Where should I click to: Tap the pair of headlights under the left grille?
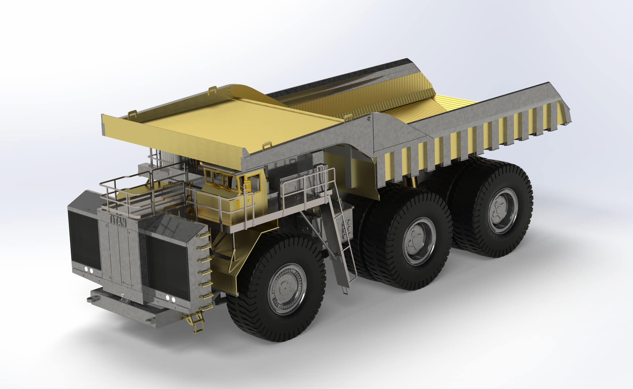tap(89, 271)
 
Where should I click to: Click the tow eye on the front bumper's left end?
tap(92, 299)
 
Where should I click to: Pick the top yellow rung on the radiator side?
tap(206, 235)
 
